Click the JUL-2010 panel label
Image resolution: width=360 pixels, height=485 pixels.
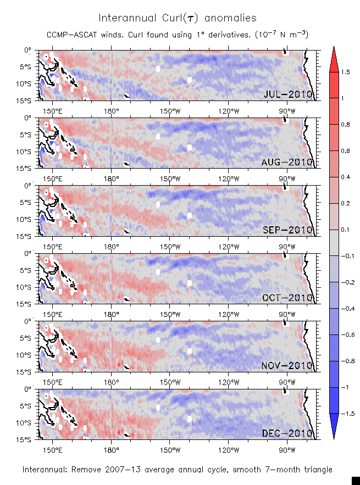click(x=288, y=94)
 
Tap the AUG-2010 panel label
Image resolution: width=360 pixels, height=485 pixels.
click(x=288, y=162)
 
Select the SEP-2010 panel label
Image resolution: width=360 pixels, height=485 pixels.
click(x=288, y=230)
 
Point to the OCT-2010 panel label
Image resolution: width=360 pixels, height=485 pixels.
click(x=288, y=298)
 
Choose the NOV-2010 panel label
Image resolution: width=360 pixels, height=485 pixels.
click(x=288, y=365)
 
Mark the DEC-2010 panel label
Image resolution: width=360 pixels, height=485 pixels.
click(x=288, y=433)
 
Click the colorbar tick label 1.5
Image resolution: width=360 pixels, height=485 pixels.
click(x=345, y=72)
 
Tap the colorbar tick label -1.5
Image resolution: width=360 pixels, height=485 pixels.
click(x=346, y=413)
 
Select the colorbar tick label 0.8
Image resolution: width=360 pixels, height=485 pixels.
click(x=345, y=125)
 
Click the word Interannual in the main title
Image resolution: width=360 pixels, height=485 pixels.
click(x=126, y=18)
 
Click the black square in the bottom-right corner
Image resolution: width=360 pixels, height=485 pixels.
click(x=356, y=480)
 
